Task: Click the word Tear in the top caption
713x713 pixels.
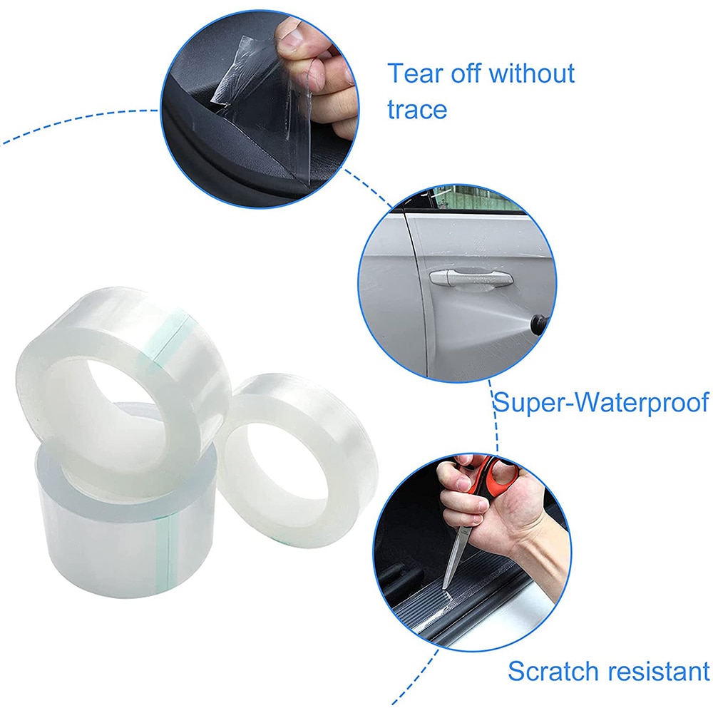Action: click(x=413, y=73)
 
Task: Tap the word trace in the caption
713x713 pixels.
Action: click(x=418, y=109)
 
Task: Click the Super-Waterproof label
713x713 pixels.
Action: click(x=601, y=402)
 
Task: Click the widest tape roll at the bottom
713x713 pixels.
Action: click(x=100, y=542)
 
